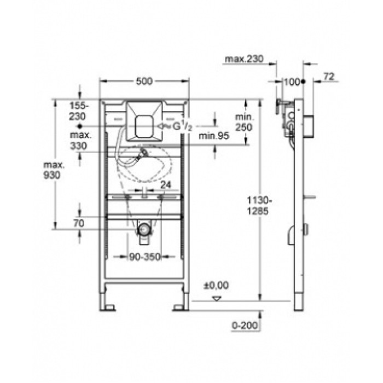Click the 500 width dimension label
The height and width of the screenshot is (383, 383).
tap(143, 82)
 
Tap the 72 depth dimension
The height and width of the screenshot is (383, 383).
tap(328, 78)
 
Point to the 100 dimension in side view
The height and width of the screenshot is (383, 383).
tap(293, 82)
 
